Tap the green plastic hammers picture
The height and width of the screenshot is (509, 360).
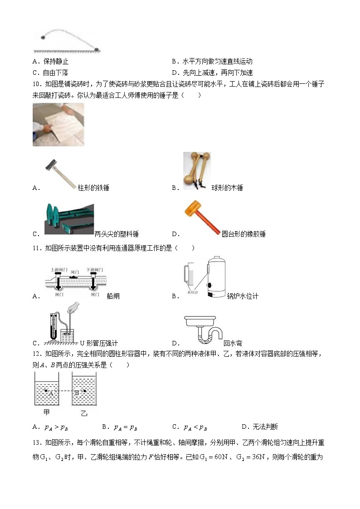69,219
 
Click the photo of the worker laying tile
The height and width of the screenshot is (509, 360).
58,124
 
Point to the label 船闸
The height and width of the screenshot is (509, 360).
113,296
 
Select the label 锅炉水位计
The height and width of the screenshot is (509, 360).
243,296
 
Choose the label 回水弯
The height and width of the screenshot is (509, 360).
233,343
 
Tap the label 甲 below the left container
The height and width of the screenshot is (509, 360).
46,412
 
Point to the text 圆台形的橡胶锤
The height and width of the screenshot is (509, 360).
243,234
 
